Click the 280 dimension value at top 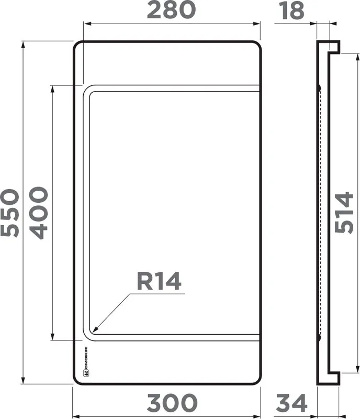click(171, 10)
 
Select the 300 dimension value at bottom click(172, 403)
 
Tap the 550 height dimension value click(10, 213)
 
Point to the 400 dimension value click(38, 213)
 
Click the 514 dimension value click(344, 213)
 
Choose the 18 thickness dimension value click(291, 10)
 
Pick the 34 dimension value click(291, 403)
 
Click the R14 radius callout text click(159, 281)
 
